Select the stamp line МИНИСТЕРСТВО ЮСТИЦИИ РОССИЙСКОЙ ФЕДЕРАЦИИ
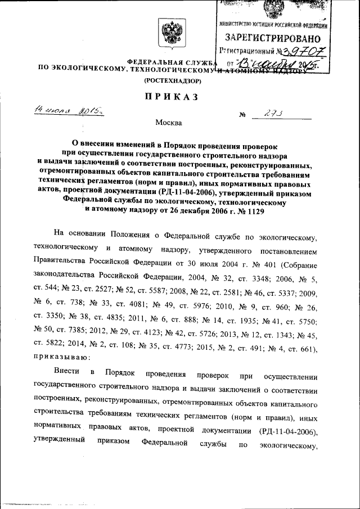[x=273, y=25]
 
